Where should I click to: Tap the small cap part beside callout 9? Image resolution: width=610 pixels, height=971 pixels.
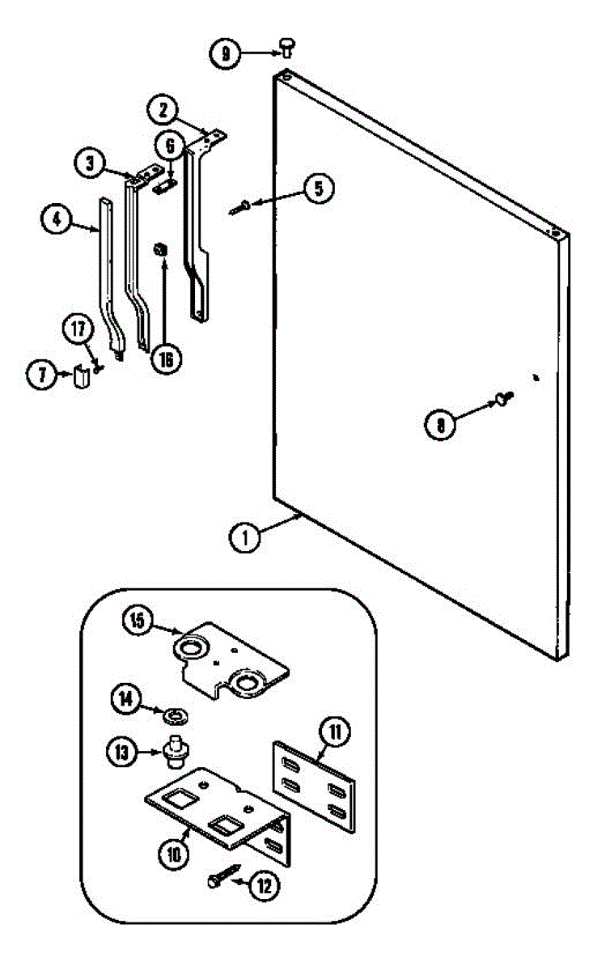[286, 47]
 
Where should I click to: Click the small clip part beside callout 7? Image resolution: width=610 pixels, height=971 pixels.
[79, 376]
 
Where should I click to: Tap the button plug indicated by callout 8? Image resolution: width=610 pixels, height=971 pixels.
[503, 396]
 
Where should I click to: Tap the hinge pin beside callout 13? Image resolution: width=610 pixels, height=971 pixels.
[174, 753]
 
